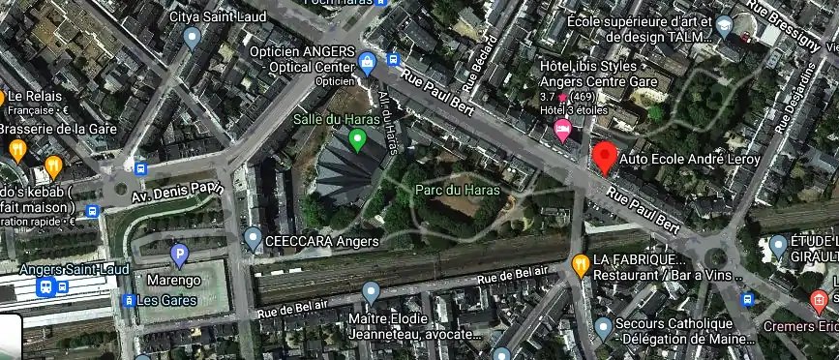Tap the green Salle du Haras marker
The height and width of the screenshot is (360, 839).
point(357,142)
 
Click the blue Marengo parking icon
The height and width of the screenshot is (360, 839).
point(178,255)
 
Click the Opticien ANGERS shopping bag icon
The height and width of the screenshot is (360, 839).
point(367,64)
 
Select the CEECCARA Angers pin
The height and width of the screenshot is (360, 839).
point(253,237)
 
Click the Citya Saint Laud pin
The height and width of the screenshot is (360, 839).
point(192,39)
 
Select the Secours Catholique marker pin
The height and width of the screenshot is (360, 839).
point(604,327)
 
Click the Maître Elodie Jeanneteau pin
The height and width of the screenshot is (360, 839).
point(370,291)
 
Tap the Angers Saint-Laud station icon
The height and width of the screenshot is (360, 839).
point(45,286)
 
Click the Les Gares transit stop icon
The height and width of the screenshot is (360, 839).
point(129,300)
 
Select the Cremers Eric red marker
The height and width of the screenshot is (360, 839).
point(819,300)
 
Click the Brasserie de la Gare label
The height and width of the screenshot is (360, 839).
point(58,129)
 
